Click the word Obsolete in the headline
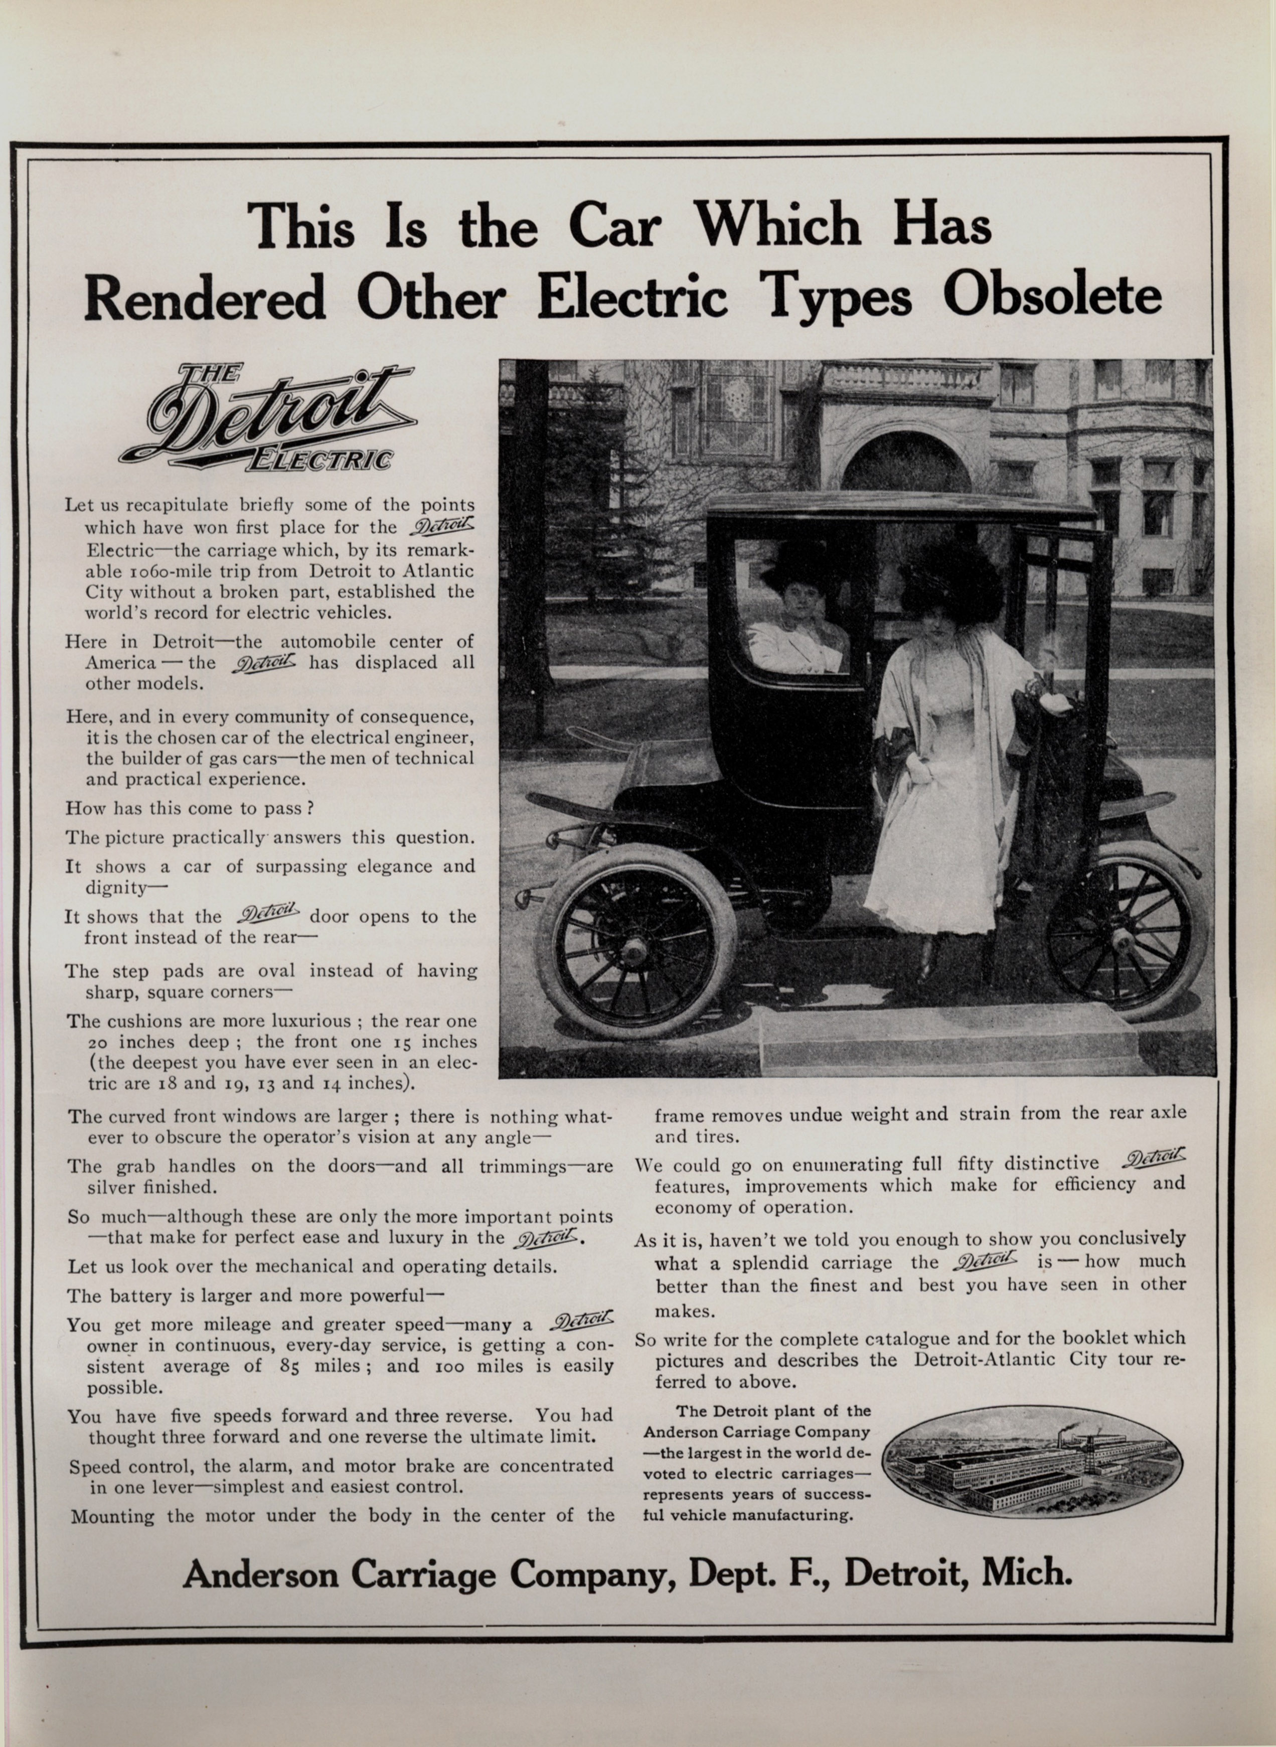click(x=1052, y=296)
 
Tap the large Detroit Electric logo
click(x=266, y=418)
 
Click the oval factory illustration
click(x=1031, y=1461)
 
